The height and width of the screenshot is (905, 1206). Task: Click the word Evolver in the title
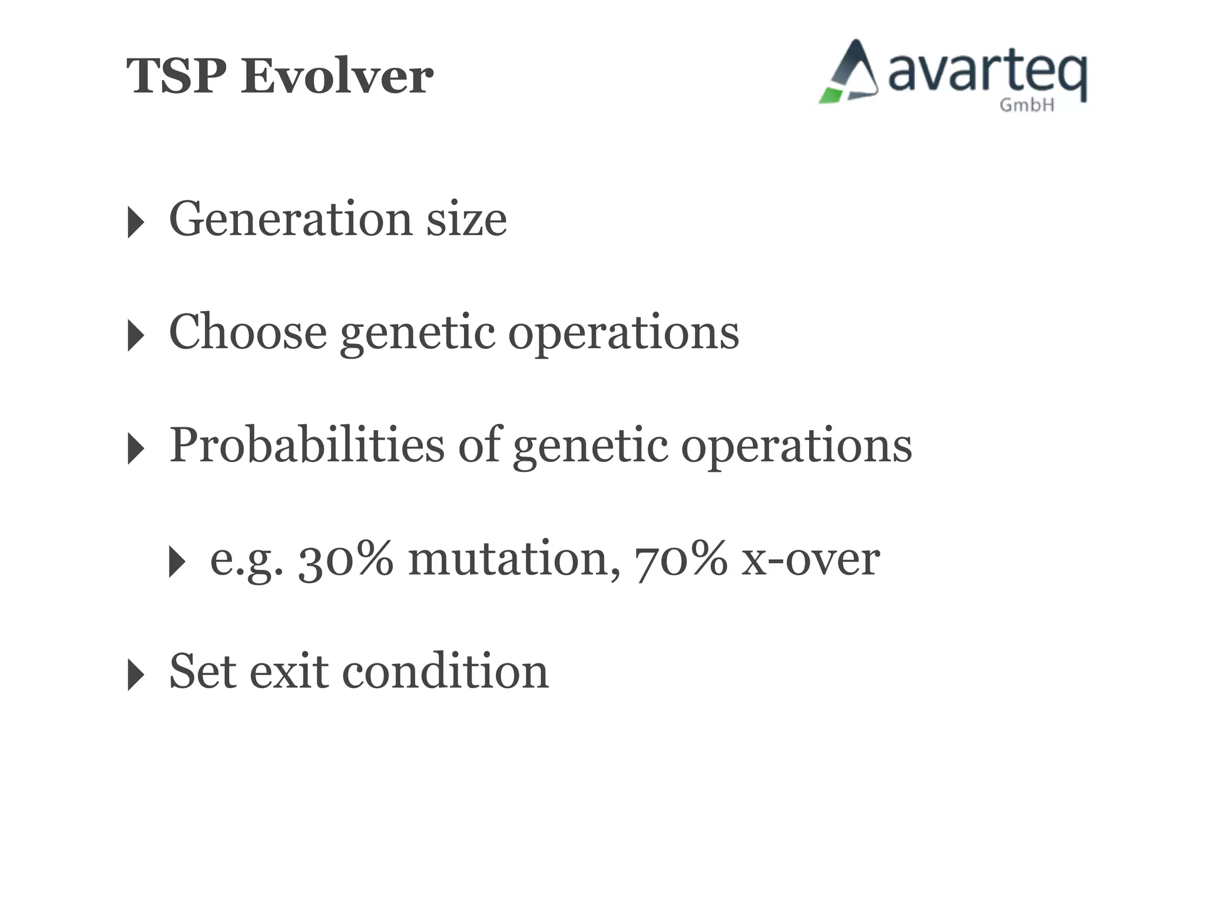click(337, 77)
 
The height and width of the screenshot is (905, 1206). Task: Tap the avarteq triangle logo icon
click(849, 72)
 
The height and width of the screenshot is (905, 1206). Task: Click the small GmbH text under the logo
click(1026, 105)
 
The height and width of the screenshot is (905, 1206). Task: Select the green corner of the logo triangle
click(831, 95)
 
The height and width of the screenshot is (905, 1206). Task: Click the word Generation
click(290, 219)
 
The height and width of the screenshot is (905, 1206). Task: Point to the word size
click(466, 219)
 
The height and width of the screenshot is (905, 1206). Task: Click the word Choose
click(247, 332)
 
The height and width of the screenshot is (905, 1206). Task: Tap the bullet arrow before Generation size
click(135, 222)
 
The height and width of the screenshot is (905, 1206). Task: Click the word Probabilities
click(306, 445)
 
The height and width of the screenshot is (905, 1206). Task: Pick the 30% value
click(345, 559)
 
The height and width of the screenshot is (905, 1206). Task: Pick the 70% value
click(681, 559)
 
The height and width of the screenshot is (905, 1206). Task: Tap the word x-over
click(810, 559)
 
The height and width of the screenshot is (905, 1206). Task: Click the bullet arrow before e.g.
click(177, 562)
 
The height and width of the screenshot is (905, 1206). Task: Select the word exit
click(289, 672)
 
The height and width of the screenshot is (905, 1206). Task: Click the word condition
click(445, 672)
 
